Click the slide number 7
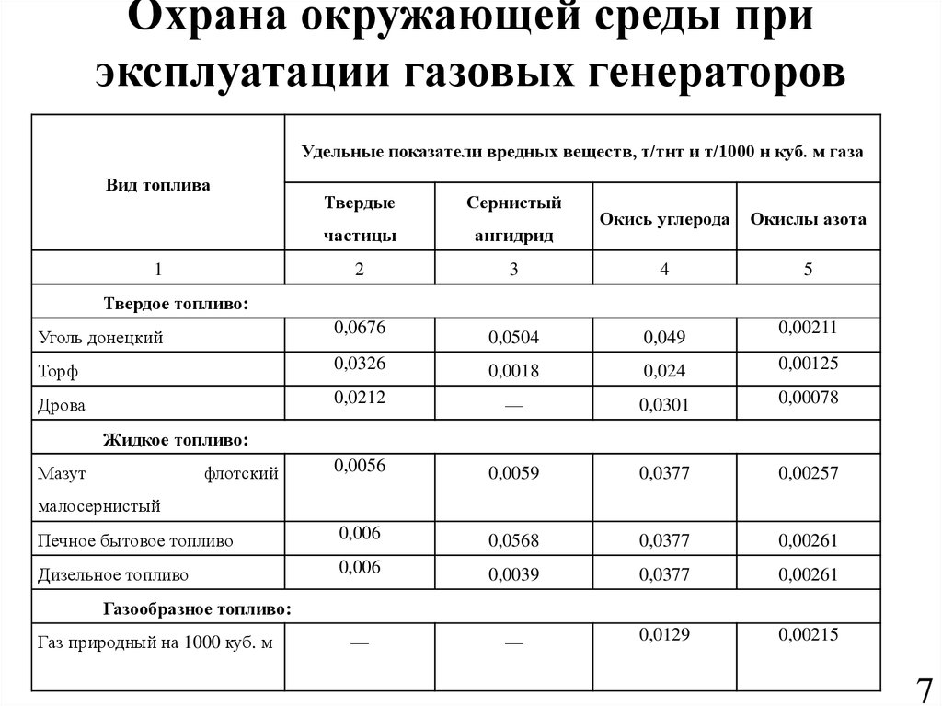pyautogui.click(x=924, y=689)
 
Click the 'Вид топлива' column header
pyautogui.click(x=157, y=185)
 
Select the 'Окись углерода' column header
pyautogui.click(x=664, y=219)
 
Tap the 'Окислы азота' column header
pyautogui.click(x=808, y=219)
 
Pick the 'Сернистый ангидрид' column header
pyautogui.click(x=513, y=219)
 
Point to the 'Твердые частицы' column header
pyautogui.click(x=360, y=219)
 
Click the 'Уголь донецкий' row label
pyautogui.click(x=100, y=337)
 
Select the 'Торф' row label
pyautogui.click(x=54, y=372)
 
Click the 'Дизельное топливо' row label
pyautogui.click(x=113, y=575)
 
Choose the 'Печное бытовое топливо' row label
pyautogui.click(x=135, y=540)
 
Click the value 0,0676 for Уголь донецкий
pyautogui.click(x=360, y=327)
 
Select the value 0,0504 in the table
pyautogui.click(x=513, y=338)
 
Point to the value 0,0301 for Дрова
pyautogui.click(x=665, y=405)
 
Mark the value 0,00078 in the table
pyautogui.click(x=808, y=395)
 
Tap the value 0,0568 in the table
pyautogui.click(x=513, y=540)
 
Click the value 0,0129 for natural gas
pyautogui.click(x=665, y=633)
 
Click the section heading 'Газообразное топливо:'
pyautogui.click(x=197, y=609)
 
